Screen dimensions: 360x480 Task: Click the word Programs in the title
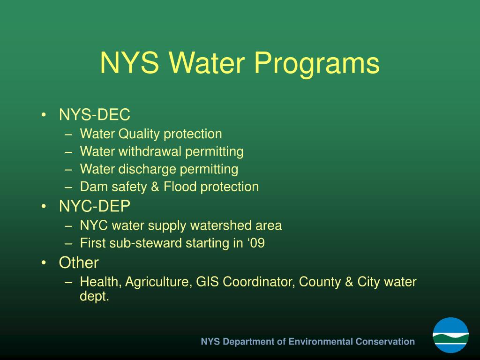pos(317,63)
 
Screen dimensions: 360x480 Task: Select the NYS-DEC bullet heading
pos(94,114)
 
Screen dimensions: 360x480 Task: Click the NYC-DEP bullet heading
pos(95,206)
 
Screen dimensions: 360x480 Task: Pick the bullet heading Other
pos(79,262)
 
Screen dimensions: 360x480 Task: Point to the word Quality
pos(139,134)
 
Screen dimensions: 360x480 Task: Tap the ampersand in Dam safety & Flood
pos(155,187)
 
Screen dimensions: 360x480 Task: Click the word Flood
pos(180,187)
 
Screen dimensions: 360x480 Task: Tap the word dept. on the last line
pos(94,297)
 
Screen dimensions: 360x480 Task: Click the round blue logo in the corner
pos(450,335)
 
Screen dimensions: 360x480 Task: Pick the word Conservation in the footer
pos(385,341)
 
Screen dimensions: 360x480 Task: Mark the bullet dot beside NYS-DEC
pos(44,115)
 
